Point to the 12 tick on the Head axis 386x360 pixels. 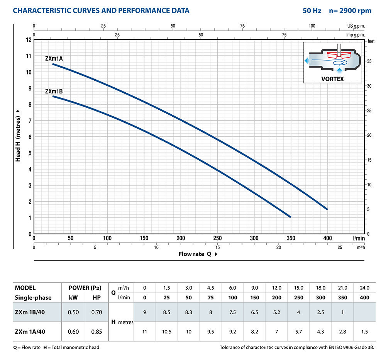click(x=29, y=40)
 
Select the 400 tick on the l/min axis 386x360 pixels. click(x=328, y=238)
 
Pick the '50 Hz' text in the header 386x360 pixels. click(x=312, y=10)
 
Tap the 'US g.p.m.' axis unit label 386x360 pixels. click(x=356, y=26)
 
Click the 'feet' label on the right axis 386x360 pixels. click(x=371, y=41)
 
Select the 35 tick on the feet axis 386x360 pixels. click(x=369, y=61)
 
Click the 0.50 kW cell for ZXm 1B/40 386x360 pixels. click(x=74, y=312)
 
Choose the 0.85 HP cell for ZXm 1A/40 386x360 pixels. click(x=97, y=331)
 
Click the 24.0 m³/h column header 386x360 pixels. click(x=365, y=288)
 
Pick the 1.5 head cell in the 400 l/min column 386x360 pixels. click(x=365, y=331)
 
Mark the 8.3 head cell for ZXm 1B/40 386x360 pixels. click(x=189, y=312)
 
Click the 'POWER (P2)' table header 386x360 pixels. click(x=85, y=288)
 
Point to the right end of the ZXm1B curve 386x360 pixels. click(x=290, y=217)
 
